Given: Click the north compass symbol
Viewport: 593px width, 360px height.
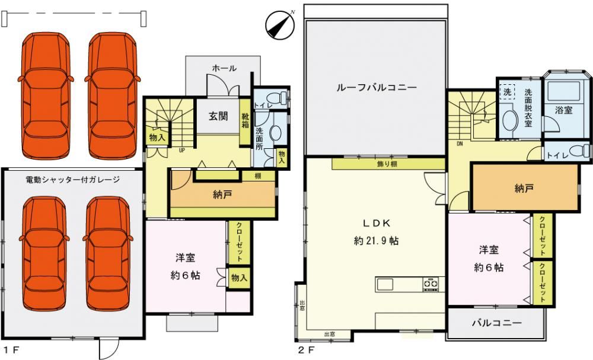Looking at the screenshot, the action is click(x=280, y=25).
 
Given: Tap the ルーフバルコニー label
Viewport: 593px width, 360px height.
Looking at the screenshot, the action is click(x=377, y=88).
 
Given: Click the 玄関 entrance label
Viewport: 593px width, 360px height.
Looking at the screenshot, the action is click(x=218, y=116).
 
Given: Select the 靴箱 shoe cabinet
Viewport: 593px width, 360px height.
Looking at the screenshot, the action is click(x=245, y=122).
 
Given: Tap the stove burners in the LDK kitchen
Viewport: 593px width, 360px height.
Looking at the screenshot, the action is click(x=431, y=284).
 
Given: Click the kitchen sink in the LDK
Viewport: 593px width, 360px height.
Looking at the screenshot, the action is click(x=385, y=284).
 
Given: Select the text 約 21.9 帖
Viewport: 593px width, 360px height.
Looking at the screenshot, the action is click(x=377, y=241).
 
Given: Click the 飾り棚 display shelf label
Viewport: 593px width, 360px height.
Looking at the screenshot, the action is click(x=387, y=164).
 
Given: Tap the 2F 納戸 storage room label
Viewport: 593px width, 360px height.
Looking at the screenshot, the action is click(x=524, y=188).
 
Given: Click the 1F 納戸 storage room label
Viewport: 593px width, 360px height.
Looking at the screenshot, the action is click(x=222, y=195).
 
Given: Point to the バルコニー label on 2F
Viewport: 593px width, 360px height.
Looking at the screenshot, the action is click(x=497, y=323).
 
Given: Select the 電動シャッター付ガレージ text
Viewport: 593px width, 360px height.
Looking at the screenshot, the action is click(x=72, y=179).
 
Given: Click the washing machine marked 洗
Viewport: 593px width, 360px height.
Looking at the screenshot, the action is click(x=508, y=92).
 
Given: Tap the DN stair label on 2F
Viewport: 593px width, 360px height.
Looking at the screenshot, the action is click(x=460, y=144).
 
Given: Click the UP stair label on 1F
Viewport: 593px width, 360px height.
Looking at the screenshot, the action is click(x=182, y=150).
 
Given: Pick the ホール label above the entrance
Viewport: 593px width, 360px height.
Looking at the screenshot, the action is click(x=224, y=68).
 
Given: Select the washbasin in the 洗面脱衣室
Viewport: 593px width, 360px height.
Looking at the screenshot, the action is click(x=509, y=120).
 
